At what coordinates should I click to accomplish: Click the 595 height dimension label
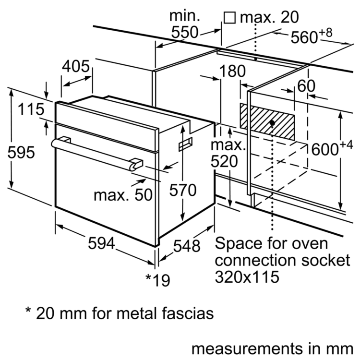(x=22, y=153)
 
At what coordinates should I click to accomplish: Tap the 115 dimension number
(x=32, y=109)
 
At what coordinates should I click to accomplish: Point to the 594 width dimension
(x=101, y=244)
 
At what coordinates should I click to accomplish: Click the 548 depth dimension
(x=186, y=246)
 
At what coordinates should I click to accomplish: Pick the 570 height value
(x=183, y=191)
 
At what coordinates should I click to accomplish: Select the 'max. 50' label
(x=122, y=195)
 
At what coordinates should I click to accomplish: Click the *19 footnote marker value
(x=157, y=280)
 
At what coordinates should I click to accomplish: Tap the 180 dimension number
(x=232, y=72)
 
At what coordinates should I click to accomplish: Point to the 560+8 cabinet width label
(x=312, y=36)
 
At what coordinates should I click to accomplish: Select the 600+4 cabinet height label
(x=332, y=148)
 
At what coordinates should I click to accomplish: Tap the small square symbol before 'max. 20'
(x=229, y=18)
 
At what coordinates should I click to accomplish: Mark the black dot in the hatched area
(x=272, y=123)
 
